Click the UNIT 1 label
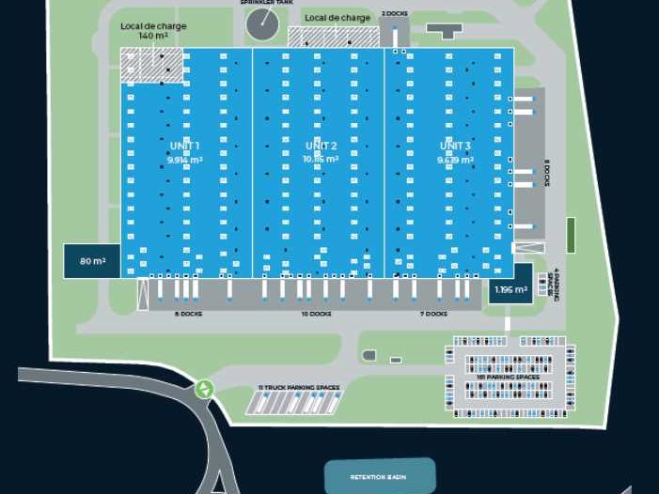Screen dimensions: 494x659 pyautogui.click(x=185, y=146)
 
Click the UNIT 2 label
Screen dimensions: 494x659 pyautogui.click(x=321, y=146)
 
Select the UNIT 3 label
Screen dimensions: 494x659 pyautogui.click(x=455, y=146)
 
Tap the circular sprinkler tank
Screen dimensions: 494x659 pyautogui.click(x=262, y=25)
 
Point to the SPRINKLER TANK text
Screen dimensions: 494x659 pyautogui.click(x=261, y=3)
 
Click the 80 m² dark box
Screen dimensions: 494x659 pyautogui.click(x=91, y=261)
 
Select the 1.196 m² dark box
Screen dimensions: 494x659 pyautogui.click(x=510, y=288)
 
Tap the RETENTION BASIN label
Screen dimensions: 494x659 pyautogui.click(x=380, y=477)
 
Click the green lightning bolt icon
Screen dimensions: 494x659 pyautogui.click(x=204, y=388)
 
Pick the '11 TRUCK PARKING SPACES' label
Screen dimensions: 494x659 pyautogui.click(x=298, y=387)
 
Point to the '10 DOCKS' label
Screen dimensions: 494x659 pyautogui.click(x=316, y=314)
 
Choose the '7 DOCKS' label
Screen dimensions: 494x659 pyautogui.click(x=433, y=314)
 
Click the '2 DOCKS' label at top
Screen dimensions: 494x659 pyautogui.click(x=394, y=14)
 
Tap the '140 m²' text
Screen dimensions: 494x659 pyautogui.click(x=153, y=36)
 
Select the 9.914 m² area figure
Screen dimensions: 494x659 pyautogui.click(x=185, y=160)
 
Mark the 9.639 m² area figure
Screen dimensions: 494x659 pyautogui.click(x=455, y=160)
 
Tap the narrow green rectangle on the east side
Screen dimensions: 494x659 pyautogui.click(x=570, y=234)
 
